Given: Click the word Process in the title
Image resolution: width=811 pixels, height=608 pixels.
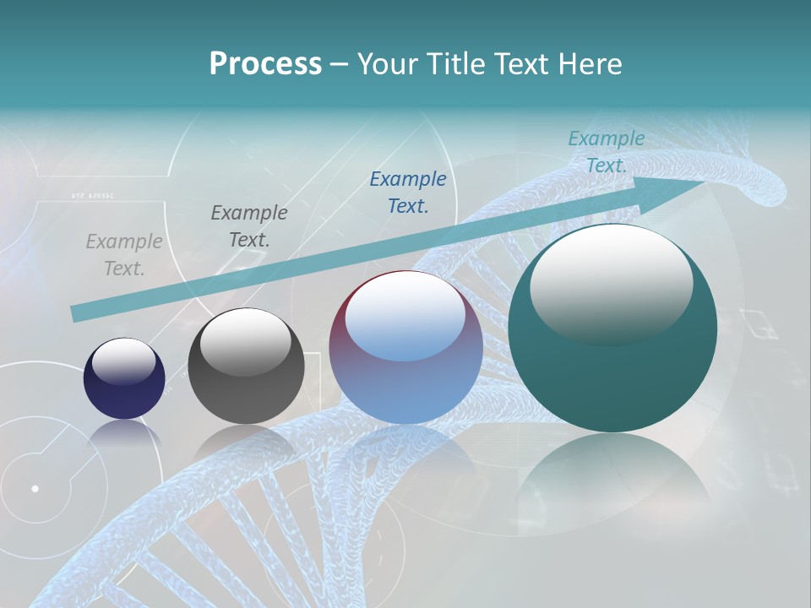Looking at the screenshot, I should point(265,64).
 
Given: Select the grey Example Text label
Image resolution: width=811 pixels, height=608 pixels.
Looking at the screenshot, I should point(124,255).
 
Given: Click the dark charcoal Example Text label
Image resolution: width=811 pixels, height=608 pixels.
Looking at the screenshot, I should point(249,226).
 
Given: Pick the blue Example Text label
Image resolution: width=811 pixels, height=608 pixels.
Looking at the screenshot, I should point(408,193).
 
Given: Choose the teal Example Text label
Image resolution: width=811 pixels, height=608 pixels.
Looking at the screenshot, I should point(607,152).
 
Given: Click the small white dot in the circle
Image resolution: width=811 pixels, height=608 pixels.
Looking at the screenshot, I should point(35,488).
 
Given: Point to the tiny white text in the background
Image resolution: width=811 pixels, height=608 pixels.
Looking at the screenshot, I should point(93,196).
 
